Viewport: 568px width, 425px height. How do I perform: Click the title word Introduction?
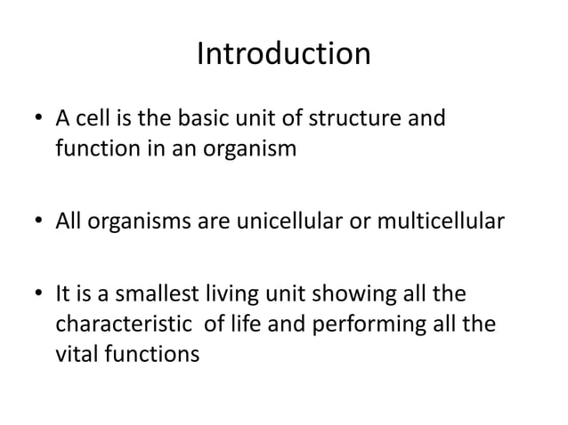(x=283, y=54)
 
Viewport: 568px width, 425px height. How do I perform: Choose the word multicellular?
(x=437, y=221)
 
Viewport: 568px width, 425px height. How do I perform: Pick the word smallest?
(x=153, y=294)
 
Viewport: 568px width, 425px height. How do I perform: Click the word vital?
(x=76, y=352)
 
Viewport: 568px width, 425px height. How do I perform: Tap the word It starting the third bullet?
(x=63, y=294)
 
